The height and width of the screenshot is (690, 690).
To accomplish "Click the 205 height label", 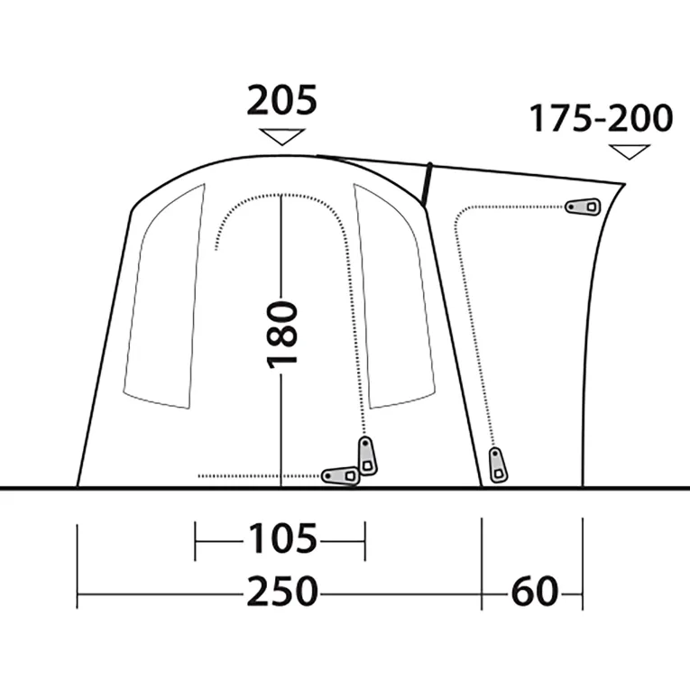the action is pyautogui.click(x=281, y=100).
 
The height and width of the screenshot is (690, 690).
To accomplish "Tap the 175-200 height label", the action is pyautogui.click(x=601, y=118).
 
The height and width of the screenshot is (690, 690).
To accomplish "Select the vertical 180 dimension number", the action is pyautogui.click(x=282, y=335).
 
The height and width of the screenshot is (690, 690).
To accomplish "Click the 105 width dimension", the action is pyautogui.click(x=282, y=539).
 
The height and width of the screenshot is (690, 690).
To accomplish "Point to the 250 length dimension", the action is pyautogui.click(x=282, y=592).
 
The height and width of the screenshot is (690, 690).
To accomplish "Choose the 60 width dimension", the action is pyautogui.click(x=535, y=592).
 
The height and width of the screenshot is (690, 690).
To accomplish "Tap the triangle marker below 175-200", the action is pyautogui.click(x=630, y=152).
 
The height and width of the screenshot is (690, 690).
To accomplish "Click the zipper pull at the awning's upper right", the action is pyautogui.click(x=583, y=206).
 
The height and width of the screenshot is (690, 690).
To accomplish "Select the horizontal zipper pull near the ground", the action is pyautogui.click(x=340, y=475).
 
